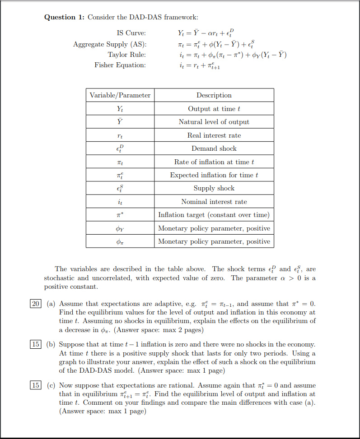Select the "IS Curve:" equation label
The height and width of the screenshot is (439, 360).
coord(131,33)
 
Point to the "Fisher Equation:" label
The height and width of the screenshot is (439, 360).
coord(120,65)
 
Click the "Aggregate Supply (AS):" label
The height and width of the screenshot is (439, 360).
coord(110,44)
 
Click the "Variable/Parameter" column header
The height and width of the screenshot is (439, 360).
coord(120,95)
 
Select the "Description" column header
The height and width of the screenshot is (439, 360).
coord(214,95)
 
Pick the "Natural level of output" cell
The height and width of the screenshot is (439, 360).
coord(214,122)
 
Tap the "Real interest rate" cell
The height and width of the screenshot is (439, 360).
coord(214,135)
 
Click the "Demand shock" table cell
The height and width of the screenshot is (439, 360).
coord(214,148)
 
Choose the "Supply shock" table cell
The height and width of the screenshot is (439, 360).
coord(214,188)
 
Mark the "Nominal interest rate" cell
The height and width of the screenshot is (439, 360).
coord(214,202)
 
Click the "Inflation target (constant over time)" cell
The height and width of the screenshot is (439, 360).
coord(214,215)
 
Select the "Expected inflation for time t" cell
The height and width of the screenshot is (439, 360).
coord(214,175)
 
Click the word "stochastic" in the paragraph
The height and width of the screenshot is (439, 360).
coord(59,278)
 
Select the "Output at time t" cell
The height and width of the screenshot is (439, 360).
coord(214,109)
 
